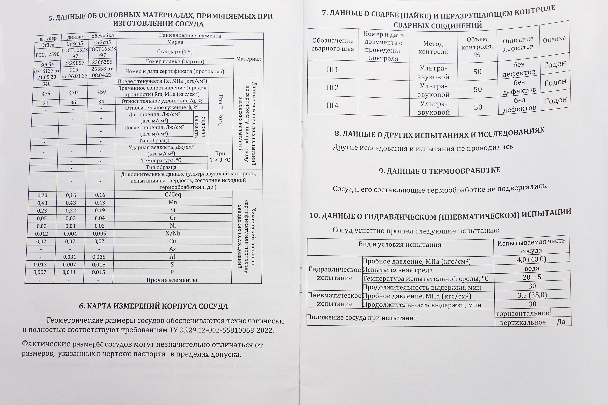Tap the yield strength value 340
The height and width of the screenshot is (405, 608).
(47, 84)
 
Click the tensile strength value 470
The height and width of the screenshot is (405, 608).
(73, 93)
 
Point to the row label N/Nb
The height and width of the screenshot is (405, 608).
(173, 233)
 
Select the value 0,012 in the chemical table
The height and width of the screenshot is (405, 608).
(41, 234)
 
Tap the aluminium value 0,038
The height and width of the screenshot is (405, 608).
(99, 257)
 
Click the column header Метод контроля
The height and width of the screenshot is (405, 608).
(433, 48)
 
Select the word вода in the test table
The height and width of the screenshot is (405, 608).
(532, 268)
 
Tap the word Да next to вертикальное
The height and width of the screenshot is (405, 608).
(561, 322)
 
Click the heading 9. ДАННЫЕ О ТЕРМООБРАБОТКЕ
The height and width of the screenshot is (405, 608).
(439, 171)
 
